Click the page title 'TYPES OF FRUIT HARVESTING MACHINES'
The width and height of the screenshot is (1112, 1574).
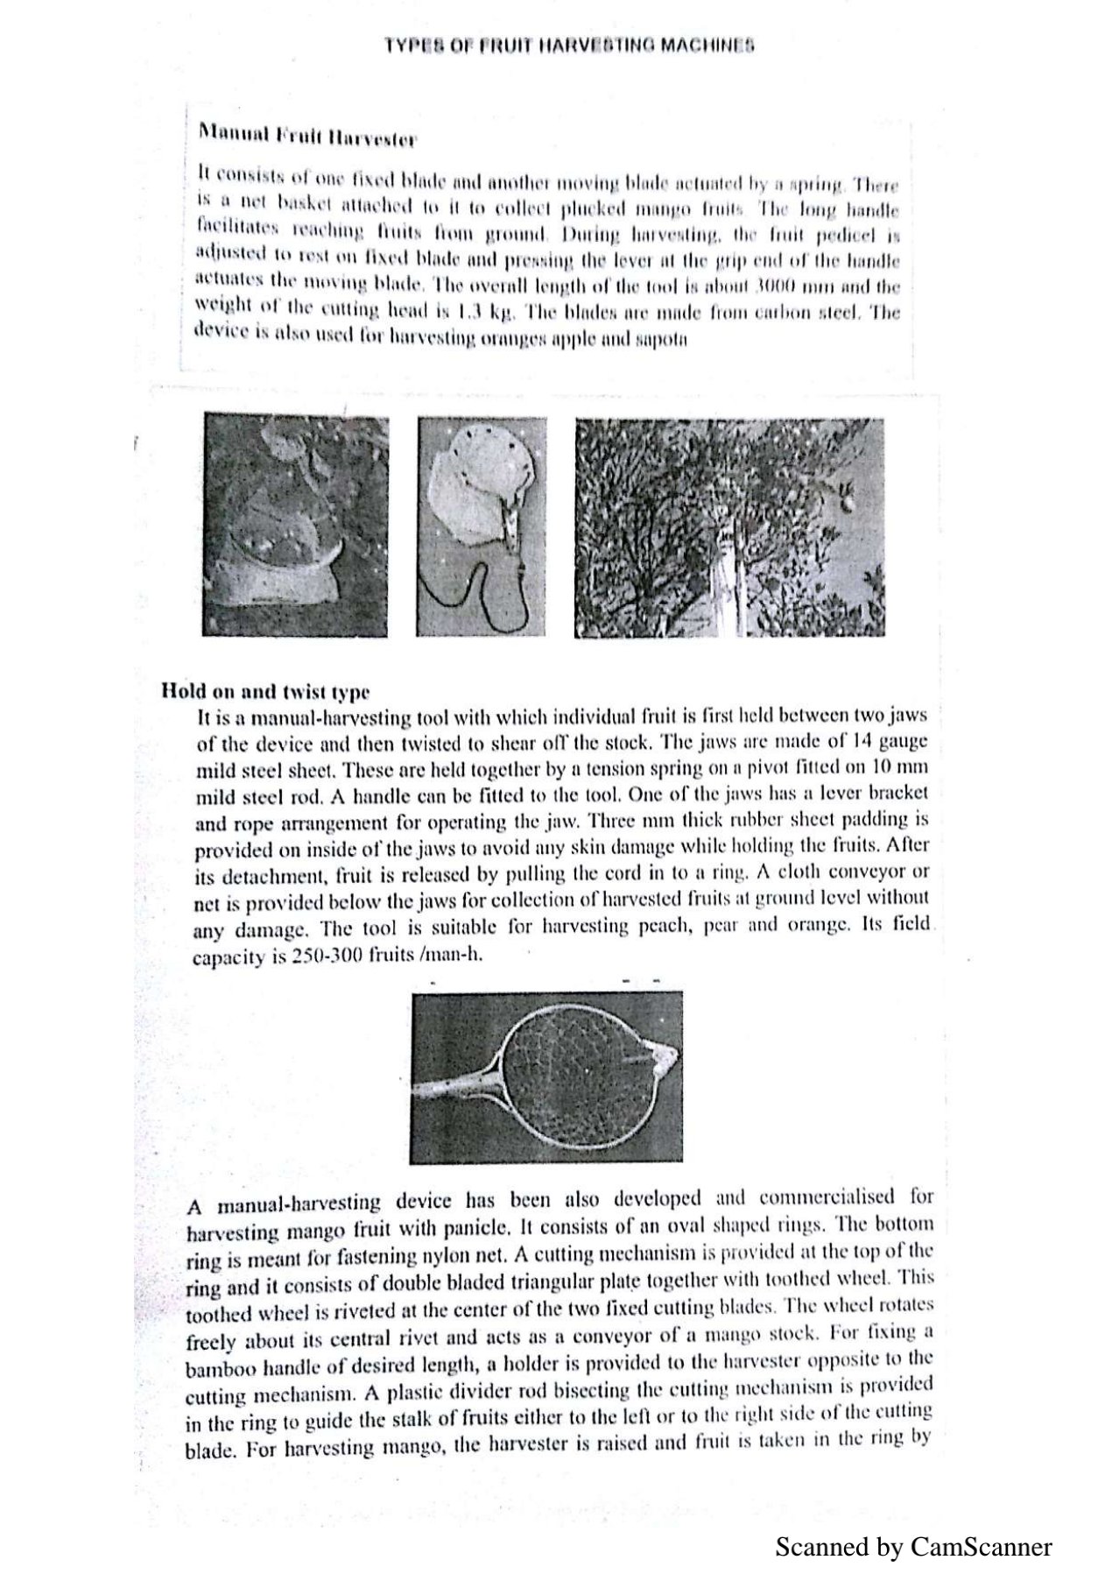pyautogui.click(x=569, y=46)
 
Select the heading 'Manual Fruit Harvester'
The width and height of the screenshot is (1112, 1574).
pyautogui.click(x=307, y=136)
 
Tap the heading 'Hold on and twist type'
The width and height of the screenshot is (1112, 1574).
pyautogui.click(x=265, y=691)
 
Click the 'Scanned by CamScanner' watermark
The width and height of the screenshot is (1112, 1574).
pyautogui.click(x=913, y=1546)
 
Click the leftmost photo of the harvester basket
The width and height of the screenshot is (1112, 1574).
pyautogui.click(x=295, y=525)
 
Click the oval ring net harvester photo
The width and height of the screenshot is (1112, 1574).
pyautogui.click(x=546, y=1076)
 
